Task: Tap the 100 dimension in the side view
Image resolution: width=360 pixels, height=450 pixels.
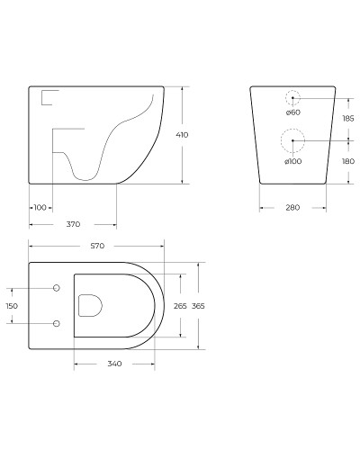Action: coord(40,207)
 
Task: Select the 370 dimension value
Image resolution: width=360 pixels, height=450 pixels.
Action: coord(72,224)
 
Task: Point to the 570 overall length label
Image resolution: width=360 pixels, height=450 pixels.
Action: coord(96,246)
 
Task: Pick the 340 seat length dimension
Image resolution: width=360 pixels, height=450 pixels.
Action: coord(113,364)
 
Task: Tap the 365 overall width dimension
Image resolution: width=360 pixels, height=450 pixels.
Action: coord(198,306)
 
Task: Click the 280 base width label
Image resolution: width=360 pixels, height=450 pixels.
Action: coord(292,208)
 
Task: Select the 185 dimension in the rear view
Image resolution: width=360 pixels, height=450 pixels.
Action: coord(347,118)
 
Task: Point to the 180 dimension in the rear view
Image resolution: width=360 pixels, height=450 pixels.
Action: coord(347,161)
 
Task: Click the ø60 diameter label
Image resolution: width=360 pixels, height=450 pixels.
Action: coord(292,112)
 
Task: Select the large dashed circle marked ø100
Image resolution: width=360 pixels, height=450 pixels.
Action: coord(292,140)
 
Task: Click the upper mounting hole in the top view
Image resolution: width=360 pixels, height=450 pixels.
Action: coord(57,288)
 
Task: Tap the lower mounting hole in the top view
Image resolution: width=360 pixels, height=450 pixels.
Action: coord(57,323)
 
